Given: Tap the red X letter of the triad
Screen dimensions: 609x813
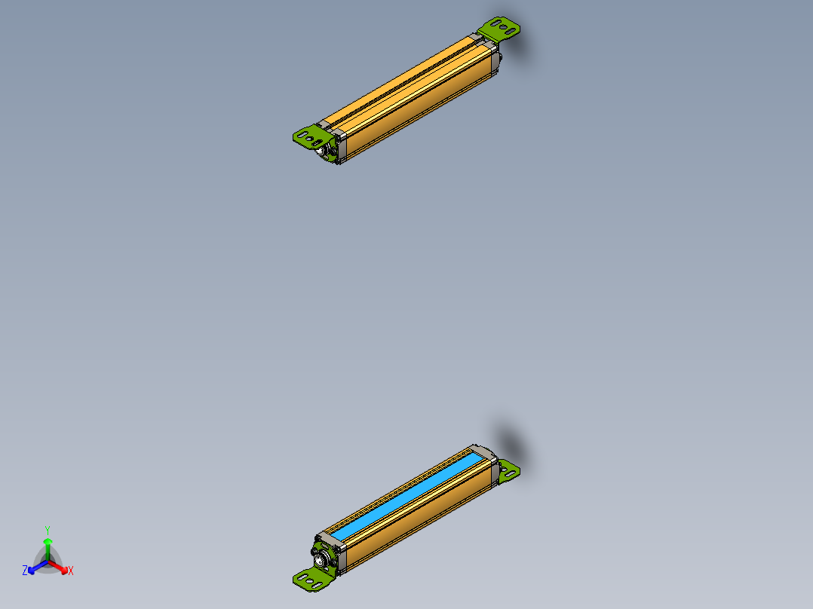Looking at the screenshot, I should click(x=71, y=571).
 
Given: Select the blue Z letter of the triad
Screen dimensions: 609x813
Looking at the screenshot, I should click(x=25, y=571).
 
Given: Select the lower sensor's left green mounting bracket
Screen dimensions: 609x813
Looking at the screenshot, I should click(x=311, y=578).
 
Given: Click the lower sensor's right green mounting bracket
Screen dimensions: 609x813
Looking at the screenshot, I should click(x=509, y=470).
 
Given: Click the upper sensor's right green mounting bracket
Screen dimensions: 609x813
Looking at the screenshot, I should click(x=502, y=29).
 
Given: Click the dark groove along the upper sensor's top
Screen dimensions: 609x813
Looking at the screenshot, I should click(x=407, y=82).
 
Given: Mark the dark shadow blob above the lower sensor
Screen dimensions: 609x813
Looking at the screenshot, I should click(x=511, y=441).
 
